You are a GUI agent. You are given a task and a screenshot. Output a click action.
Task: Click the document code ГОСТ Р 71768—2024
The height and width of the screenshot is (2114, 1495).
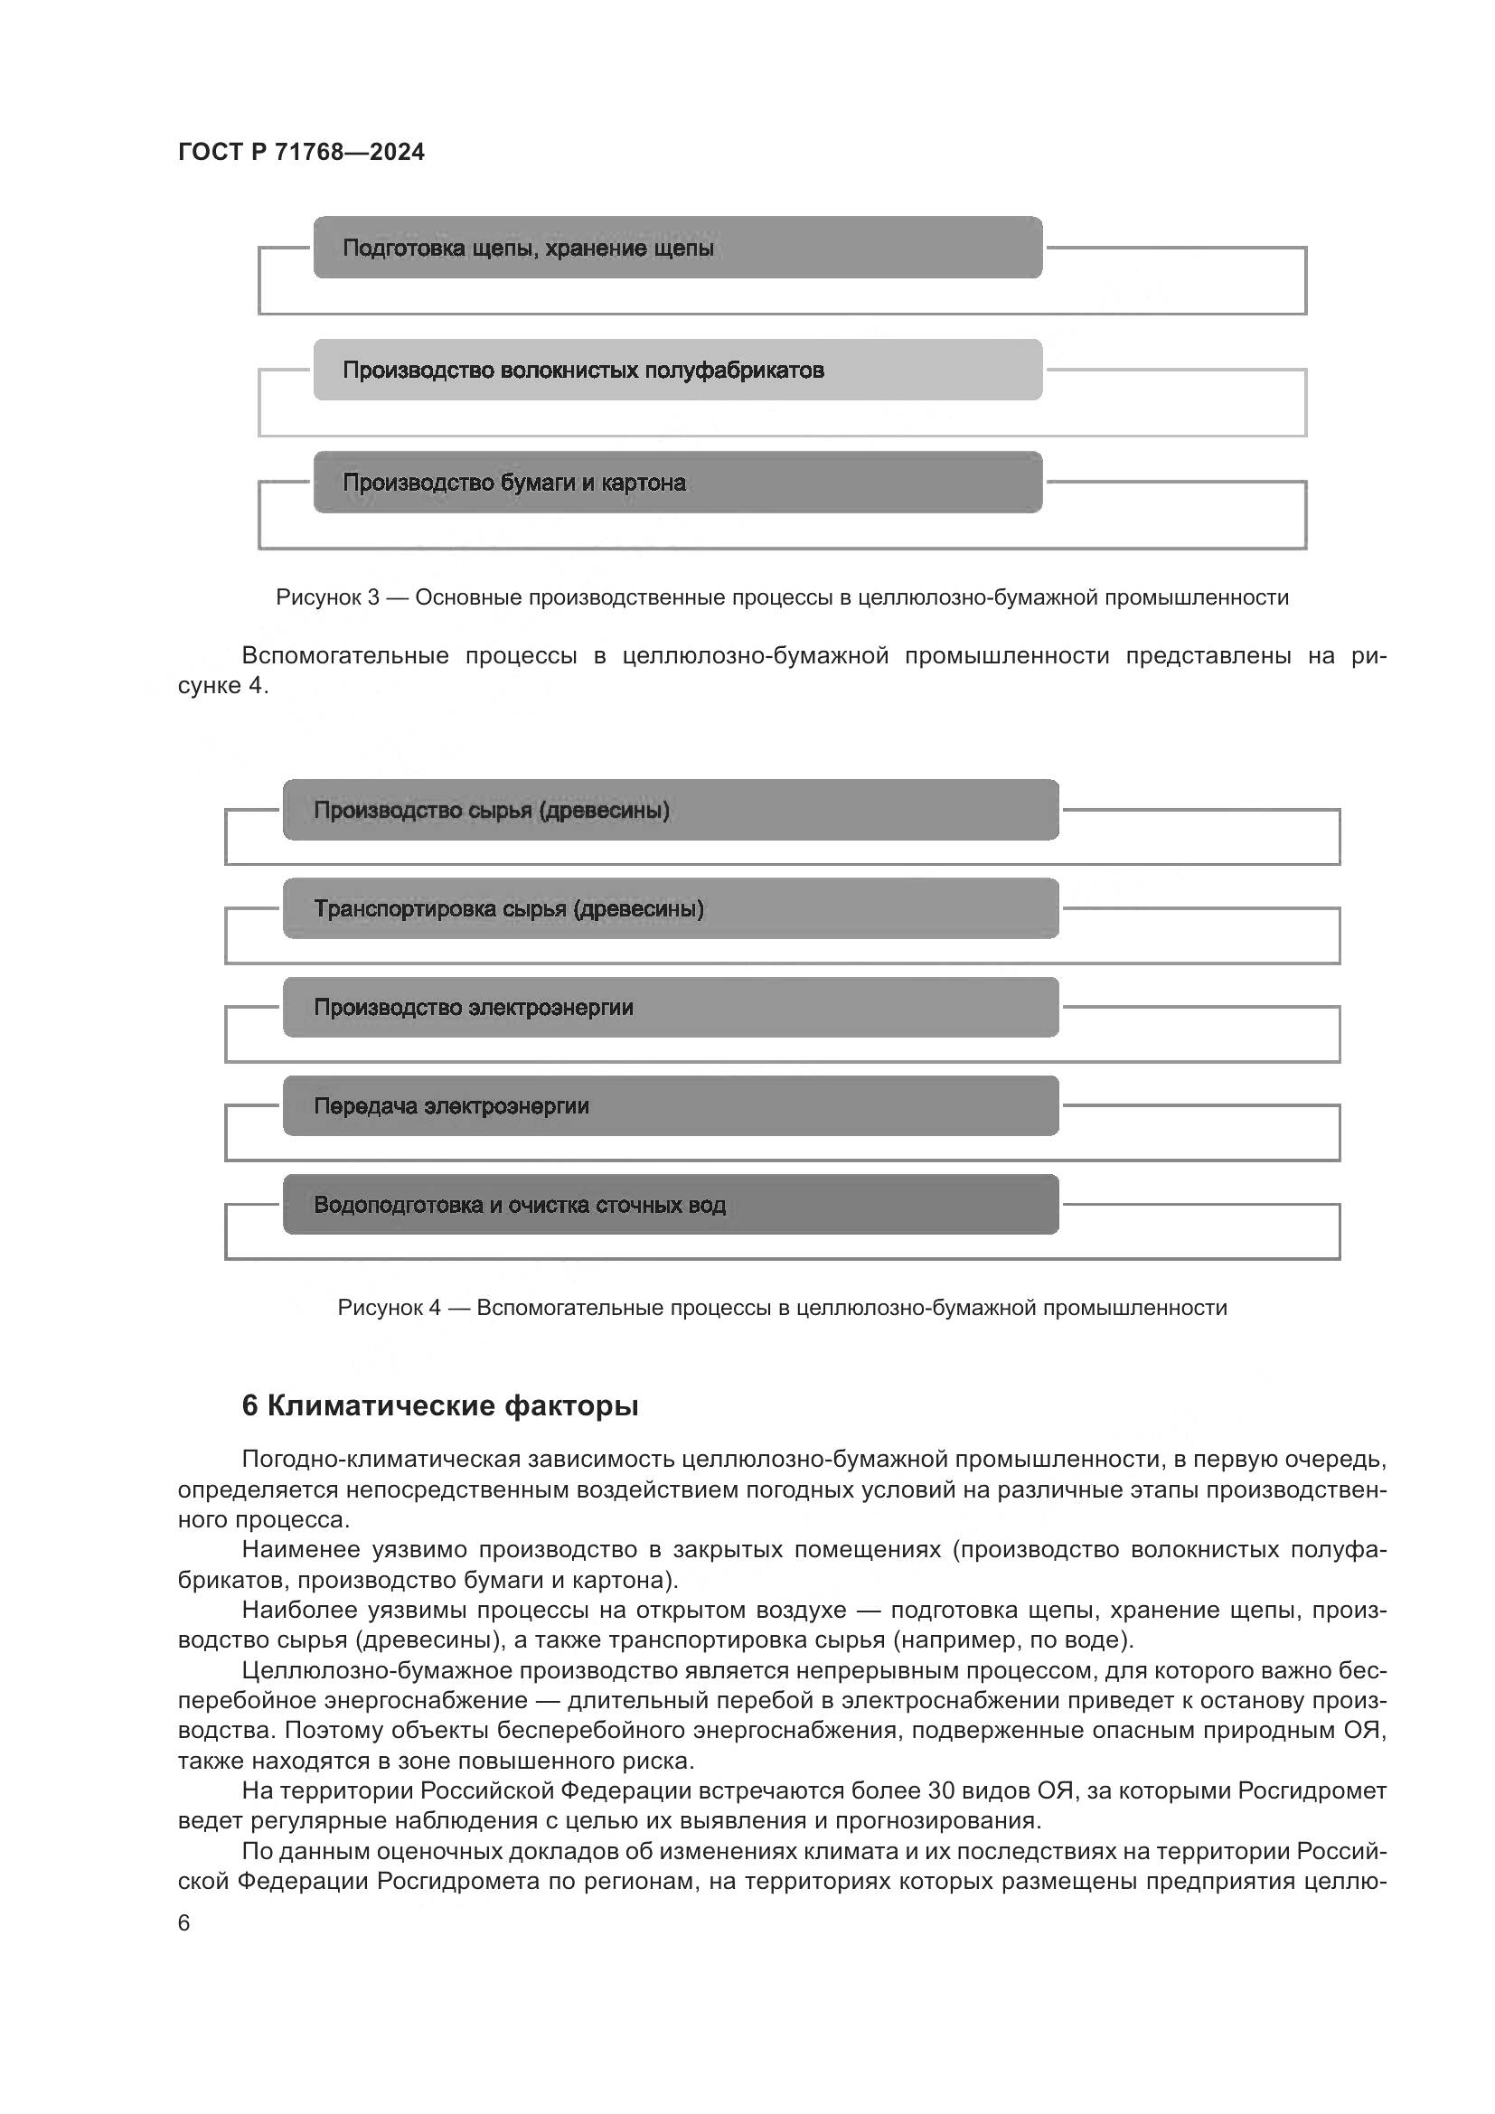tap(301, 152)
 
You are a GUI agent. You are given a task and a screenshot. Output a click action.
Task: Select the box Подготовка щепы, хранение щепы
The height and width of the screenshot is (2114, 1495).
tap(678, 248)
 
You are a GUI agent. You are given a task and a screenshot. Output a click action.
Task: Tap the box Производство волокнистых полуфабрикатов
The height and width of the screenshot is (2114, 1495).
tap(678, 371)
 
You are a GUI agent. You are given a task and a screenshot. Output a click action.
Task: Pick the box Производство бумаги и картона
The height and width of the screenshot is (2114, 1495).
tap(678, 483)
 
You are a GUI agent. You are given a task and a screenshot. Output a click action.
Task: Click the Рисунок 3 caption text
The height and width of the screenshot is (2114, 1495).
tap(782, 597)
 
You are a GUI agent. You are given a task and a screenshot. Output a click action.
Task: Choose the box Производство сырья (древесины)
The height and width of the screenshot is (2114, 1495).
tap(670, 810)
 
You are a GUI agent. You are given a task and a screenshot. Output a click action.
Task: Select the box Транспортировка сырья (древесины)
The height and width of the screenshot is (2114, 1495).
tap(670, 908)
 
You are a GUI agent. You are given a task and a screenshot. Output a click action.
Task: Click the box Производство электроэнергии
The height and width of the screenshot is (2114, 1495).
tap(670, 1007)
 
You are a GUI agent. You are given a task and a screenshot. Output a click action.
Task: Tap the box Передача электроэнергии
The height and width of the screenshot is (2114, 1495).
tap(670, 1105)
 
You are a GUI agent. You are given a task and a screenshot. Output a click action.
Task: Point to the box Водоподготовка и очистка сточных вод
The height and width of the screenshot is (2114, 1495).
tap(670, 1204)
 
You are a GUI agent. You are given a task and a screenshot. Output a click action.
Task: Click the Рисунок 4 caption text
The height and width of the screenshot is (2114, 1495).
tap(782, 1308)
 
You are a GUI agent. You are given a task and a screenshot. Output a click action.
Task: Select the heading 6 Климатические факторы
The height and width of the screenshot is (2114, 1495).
tap(440, 1406)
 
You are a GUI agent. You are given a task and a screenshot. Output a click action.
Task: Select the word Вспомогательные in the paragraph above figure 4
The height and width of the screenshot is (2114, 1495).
tap(345, 655)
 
